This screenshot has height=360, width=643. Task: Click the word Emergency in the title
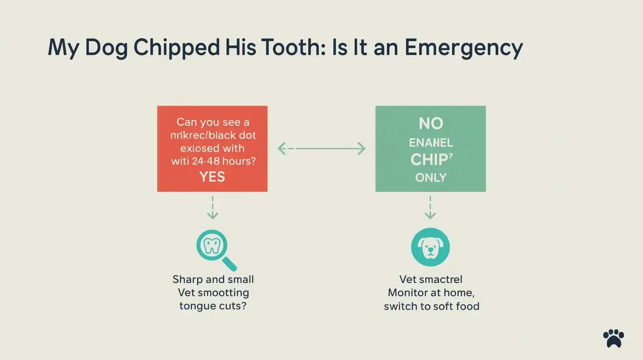(463, 48)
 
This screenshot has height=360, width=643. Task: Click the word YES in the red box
(212, 177)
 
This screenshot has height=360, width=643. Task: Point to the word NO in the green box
(431, 123)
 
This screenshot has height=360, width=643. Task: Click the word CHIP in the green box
(429, 160)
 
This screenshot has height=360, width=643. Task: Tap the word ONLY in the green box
(430, 178)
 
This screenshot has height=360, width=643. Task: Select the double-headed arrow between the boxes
(321, 149)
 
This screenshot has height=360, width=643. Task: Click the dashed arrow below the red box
(213, 208)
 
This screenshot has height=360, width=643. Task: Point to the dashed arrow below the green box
(430, 208)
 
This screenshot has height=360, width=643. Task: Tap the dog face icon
(430, 247)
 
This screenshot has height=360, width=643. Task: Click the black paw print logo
(614, 338)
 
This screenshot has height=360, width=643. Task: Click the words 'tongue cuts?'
(213, 306)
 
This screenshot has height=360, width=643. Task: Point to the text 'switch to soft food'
(431, 306)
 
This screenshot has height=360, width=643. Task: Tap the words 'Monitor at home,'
(431, 292)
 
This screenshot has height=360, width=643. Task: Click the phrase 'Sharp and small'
(213, 279)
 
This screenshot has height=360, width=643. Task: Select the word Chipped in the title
(176, 48)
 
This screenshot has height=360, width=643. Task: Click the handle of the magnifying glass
(229, 264)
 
